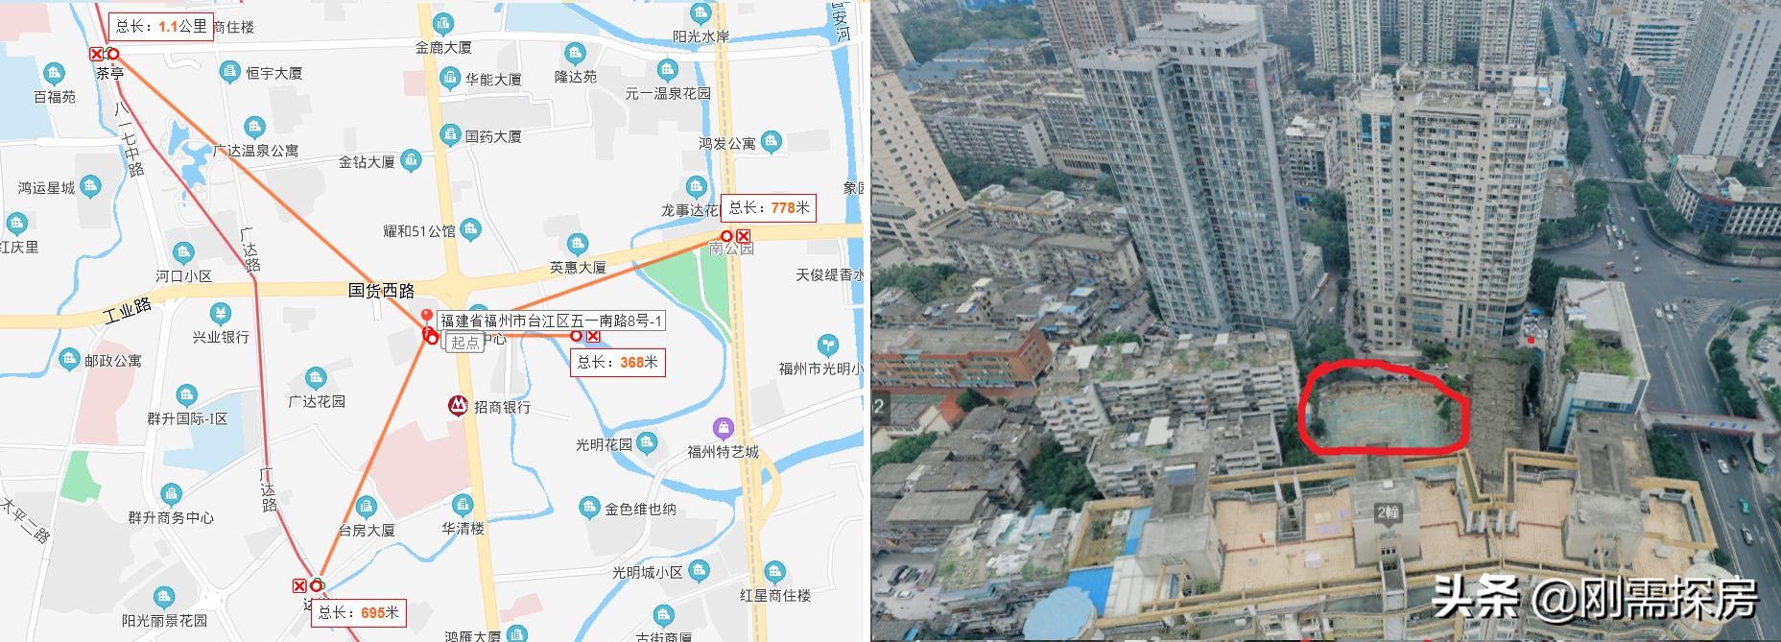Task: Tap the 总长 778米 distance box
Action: (769, 206)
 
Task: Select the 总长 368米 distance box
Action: (617, 362)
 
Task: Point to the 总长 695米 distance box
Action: (358, 612)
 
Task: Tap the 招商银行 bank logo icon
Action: (459, 406)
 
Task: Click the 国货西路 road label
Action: (381, 289)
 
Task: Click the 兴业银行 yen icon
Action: (221, 314)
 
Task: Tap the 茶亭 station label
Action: (110, 72)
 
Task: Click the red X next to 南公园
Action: (743, 236)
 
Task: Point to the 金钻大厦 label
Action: (367, 162)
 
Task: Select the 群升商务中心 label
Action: (171, 517)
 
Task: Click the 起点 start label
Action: (465, 342)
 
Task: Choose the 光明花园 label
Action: (604, 444)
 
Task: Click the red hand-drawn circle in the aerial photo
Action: (1383, 407)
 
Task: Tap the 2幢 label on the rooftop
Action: (1388, 512)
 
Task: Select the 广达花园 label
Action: (316, 401)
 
